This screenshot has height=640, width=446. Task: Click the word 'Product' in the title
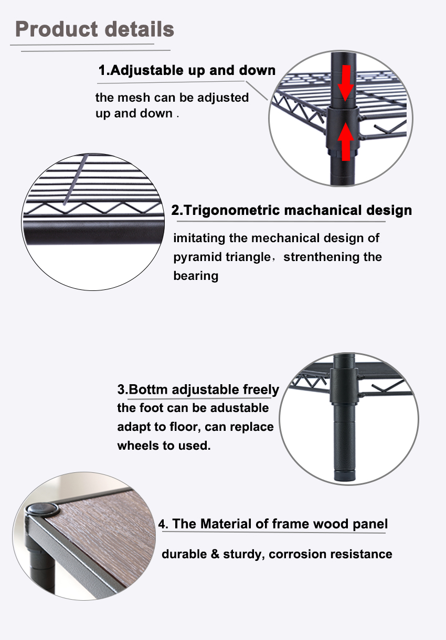56,29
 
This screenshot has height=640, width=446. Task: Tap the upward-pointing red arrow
346,142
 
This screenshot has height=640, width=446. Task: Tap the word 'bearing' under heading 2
196,276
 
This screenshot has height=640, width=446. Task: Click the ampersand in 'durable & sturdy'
215,554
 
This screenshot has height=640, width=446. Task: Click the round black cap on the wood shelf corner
42,509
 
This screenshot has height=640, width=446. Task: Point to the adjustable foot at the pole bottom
344,475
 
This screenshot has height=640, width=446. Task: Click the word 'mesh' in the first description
134,97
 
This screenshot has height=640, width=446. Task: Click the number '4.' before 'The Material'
163,524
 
